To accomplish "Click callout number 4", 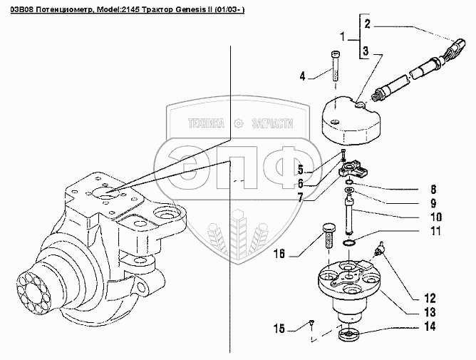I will tap(302, 75).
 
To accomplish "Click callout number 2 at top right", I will tap(367, 24).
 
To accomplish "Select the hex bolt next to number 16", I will tap(329, 233).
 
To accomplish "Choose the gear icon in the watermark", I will tap(241, 123).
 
